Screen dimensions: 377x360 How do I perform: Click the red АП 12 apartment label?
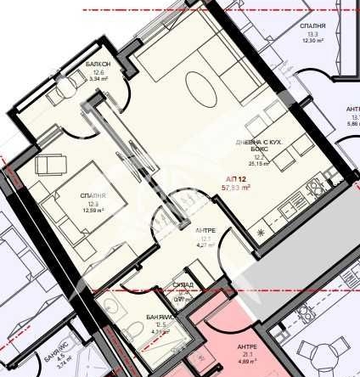(x=236, y=179)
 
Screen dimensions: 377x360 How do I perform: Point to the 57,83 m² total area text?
(x=237, y=188)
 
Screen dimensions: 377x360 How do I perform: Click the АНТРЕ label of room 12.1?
(x=205, y=230)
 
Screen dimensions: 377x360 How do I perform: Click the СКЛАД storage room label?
(x=183, y=285)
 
